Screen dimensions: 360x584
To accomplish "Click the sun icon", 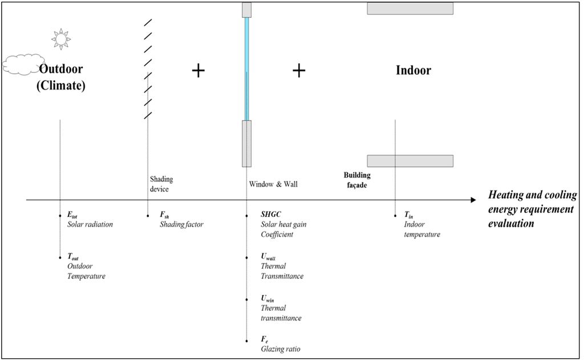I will (60, 38).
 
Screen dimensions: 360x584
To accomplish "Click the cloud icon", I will (23, 64).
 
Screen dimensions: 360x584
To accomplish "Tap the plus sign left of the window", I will (198, 71).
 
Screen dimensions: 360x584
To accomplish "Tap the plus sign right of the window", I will (299, 71).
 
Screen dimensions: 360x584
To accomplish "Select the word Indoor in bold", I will (413, 71).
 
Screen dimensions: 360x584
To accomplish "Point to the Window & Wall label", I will (273, 184).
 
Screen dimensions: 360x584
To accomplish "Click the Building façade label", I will (357, 180).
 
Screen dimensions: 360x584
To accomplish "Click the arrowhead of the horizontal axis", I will (472, 200).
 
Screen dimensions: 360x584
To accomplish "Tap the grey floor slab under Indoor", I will (410, 161).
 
